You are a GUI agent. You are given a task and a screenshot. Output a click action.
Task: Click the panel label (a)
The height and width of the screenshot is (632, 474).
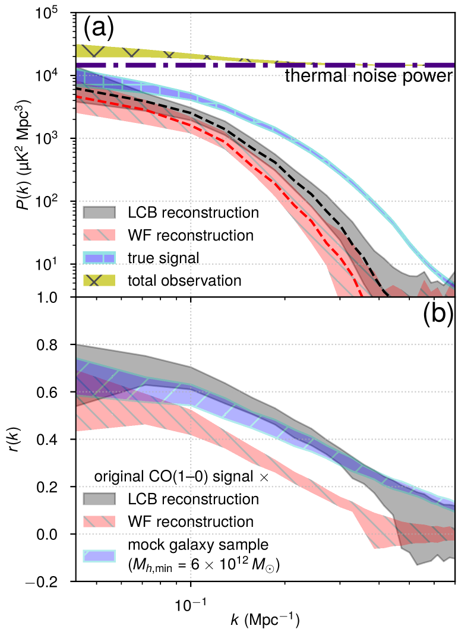click(x=99, y=27)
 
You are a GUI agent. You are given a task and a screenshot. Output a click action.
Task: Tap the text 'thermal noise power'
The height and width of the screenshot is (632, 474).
click(x=369, y=76)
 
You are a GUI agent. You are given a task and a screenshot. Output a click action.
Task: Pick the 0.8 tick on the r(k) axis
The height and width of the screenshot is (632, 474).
click(x=56, y=345)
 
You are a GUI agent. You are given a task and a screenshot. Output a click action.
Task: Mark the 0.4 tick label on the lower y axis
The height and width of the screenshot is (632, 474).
click(x=56, y=440)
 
